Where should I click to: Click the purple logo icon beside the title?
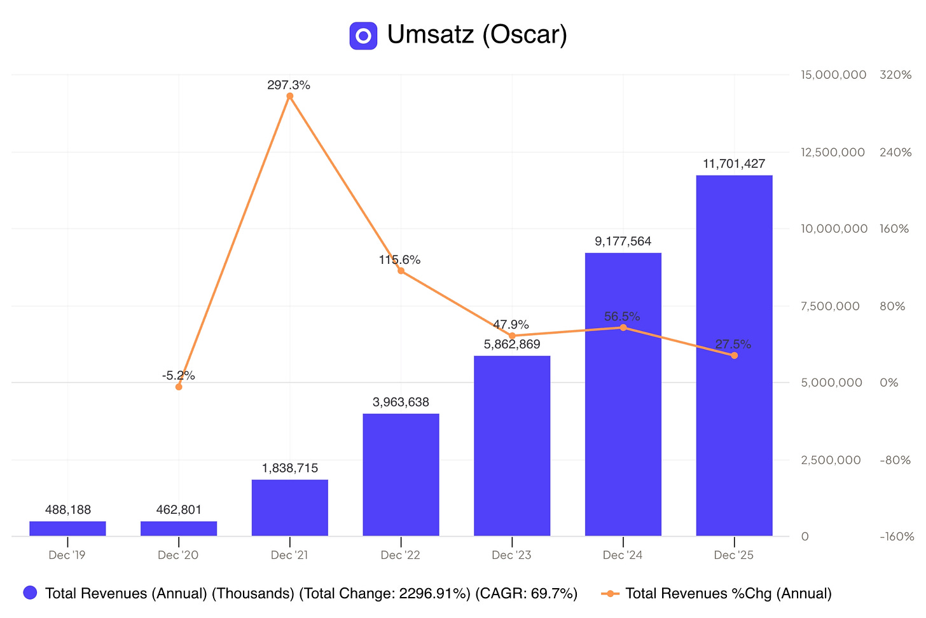363,36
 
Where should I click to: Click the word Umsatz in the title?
431,34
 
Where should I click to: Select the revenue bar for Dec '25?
734,355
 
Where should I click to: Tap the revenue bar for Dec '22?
401,475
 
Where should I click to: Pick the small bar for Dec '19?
68,529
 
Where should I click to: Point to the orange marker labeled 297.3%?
290,96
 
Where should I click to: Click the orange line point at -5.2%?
179,387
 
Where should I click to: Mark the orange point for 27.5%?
734,355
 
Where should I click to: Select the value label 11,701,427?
734,164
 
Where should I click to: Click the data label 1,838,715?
290,469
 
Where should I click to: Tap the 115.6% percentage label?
400,260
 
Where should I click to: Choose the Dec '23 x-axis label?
511,555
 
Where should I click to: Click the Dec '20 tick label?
178,555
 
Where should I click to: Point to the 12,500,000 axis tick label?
833,153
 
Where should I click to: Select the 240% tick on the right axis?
895,153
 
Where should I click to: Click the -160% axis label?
897,537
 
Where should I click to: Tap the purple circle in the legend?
30,593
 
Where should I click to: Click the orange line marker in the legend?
610,594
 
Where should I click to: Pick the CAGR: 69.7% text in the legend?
526,594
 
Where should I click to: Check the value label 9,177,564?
623,242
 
